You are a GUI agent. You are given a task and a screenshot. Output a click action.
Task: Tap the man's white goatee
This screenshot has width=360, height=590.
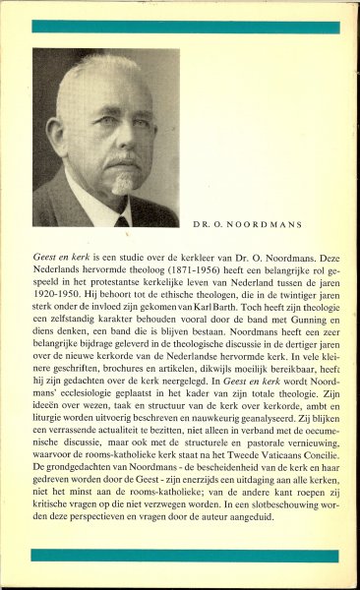coord(122,183)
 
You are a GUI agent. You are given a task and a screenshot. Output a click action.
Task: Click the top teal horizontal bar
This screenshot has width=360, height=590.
coord(179,26)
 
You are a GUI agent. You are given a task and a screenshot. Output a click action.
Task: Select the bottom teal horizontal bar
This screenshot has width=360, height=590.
coord(179,556)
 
